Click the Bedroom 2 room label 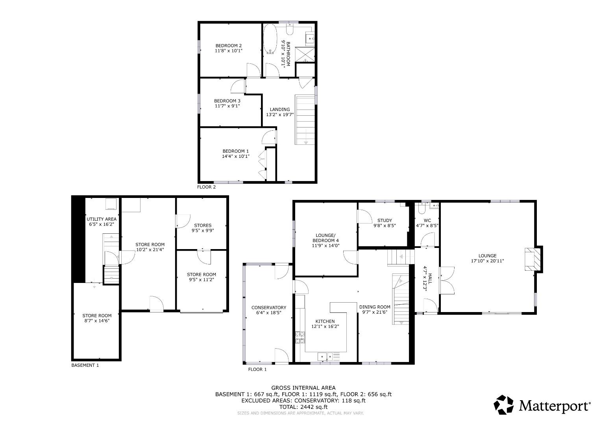pos(228,45)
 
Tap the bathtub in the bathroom pos(270,39)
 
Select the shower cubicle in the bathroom pos(305,54)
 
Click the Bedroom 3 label pos(227,101)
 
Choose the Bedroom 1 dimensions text pos(235,156)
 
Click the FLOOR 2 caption pos(206,187)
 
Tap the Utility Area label pos(102,219)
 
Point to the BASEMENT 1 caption pos(85,365)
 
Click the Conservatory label pos(269,308)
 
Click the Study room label pos(384,220)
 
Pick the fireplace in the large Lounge pos(532,259)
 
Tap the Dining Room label pos(374,307)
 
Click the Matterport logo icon pos(504,405)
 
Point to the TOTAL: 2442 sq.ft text pos(303,407)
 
